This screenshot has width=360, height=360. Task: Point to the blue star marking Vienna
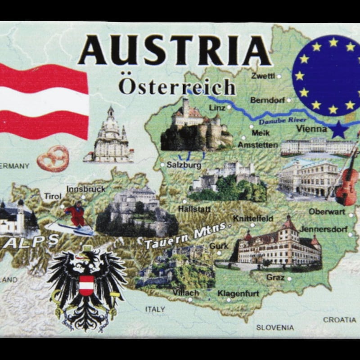coord(339,130)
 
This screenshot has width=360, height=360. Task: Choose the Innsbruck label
coord(85,189)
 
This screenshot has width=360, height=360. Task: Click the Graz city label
coord(275,277)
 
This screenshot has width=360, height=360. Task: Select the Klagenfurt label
coord(238,293)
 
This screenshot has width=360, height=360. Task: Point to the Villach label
coord(185,292)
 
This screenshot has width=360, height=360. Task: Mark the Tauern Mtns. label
coord(184,238)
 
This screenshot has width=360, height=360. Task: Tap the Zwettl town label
coord(263,76)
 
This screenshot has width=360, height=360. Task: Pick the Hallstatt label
coord(194,209)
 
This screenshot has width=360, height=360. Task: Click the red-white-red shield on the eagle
coord(86,285)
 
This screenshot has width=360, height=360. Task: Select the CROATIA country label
coord(339,319)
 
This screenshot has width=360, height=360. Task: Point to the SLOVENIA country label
coord(275,327)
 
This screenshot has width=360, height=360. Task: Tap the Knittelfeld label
coord(253,219)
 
